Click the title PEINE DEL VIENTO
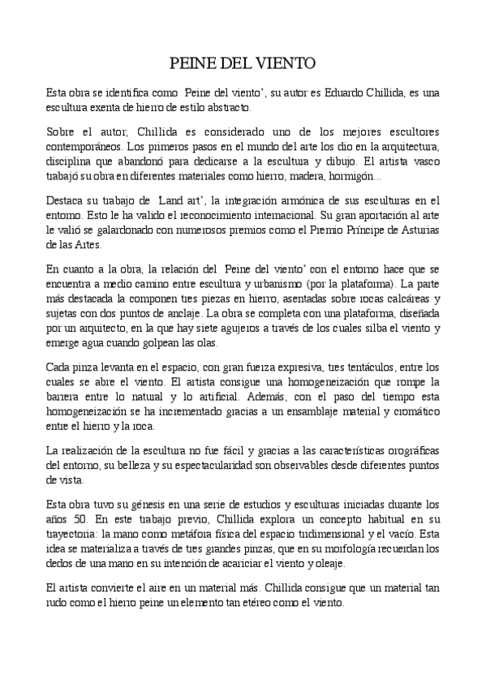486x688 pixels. click(x=242, y=62)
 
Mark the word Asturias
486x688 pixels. click(x=417, y=230)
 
